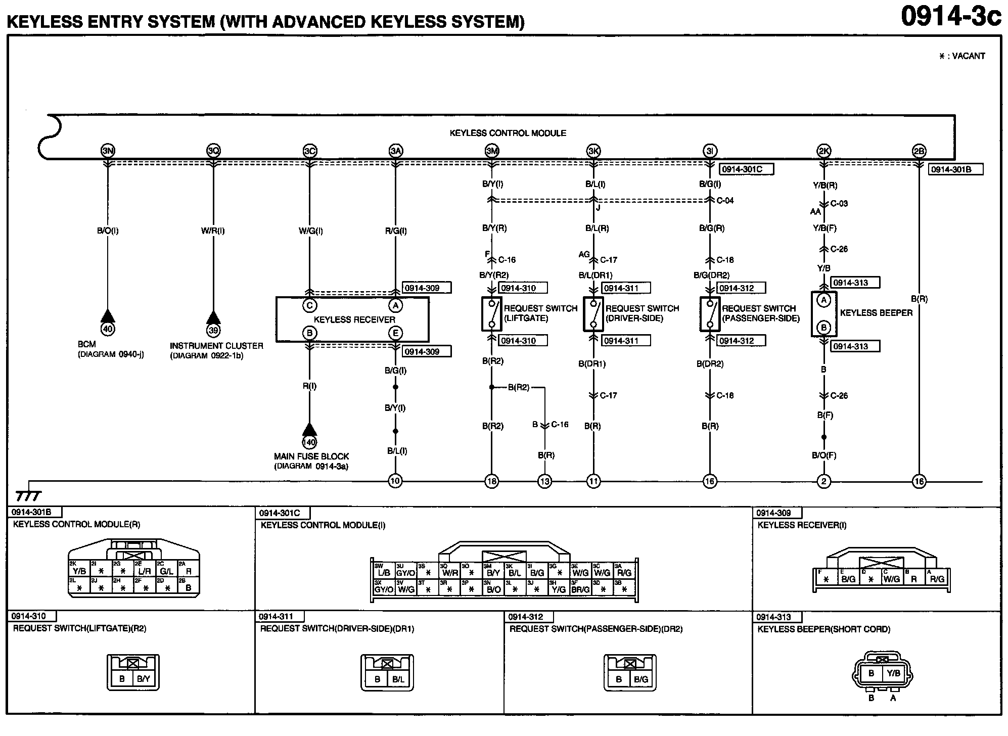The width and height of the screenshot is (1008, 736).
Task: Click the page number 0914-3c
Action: click(950, 17)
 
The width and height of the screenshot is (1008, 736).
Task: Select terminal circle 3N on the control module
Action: click(108, 151)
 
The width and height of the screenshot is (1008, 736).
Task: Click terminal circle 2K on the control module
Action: click(823, 151)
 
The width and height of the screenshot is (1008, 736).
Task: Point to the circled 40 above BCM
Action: click(108, 329)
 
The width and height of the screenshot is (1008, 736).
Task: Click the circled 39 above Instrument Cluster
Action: click(213, 330)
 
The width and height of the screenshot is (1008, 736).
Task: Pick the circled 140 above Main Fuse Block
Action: click(309, 442)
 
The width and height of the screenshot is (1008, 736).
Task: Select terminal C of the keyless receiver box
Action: click(309, 305)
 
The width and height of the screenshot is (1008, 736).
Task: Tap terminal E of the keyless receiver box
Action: click(395, 333)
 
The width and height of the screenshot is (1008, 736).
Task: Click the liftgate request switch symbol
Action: click(491, 314)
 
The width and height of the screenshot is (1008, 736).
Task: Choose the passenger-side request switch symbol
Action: click(710, 314)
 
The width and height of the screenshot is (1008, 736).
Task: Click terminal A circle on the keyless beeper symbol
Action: click(824, 300)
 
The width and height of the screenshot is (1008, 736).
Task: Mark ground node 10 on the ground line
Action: click(395, 481)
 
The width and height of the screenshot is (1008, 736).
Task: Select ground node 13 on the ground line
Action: click(544, 481)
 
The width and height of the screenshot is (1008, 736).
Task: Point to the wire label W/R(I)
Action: click(213, 231)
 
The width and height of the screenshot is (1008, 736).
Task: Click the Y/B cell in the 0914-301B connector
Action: click(79, 571)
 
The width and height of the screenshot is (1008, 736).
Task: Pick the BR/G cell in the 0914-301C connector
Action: click(580, 589)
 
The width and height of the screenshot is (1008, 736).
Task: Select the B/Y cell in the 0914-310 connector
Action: click(144, 679)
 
